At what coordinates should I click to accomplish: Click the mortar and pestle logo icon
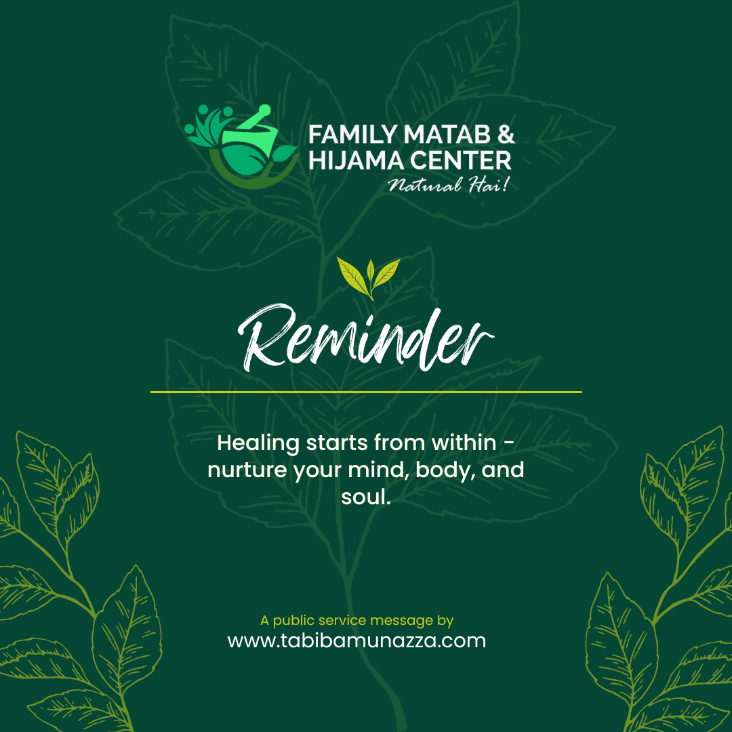[241, 146]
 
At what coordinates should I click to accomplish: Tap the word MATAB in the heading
[447, 134]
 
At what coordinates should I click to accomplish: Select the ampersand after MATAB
[506, 134]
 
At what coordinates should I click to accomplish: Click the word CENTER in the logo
[461, 161]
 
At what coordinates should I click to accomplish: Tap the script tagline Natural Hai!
[449, 185]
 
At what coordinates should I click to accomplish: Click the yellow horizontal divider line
[366, 392]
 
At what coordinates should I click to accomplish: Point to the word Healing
[258, 443]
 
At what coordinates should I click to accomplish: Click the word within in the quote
[464, 443]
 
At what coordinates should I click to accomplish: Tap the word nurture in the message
[247, 470]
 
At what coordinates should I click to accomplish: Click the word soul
[365, 497]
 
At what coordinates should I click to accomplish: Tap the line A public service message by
[357, 621]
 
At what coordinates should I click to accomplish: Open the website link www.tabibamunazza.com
[357, 640]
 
